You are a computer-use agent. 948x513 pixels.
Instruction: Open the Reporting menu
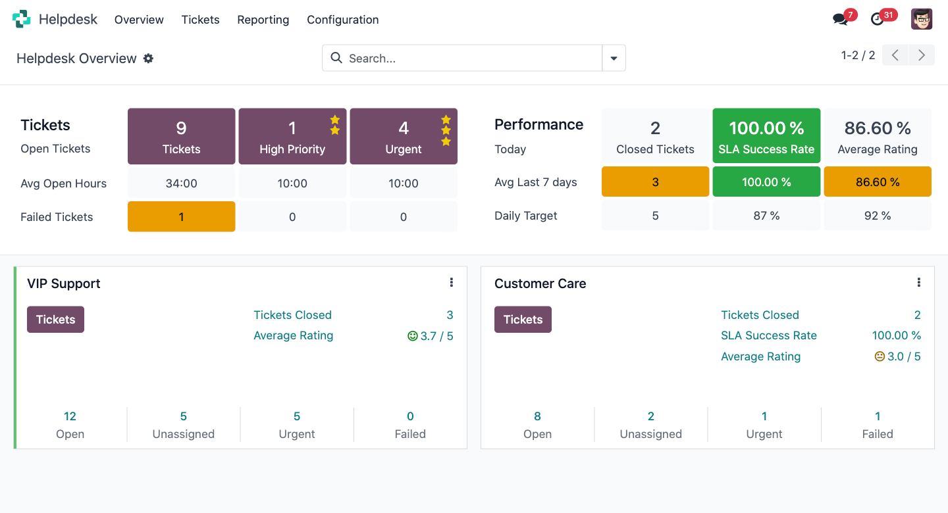click(263, 20)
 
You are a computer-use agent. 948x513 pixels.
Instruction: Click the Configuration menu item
click(342, 20)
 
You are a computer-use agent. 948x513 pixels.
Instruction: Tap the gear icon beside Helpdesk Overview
click(149, 59)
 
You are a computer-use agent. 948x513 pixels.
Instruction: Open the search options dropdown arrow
click(614, 58)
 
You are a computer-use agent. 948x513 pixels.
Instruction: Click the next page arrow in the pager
click(922, 55)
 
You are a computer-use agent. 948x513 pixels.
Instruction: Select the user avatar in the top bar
click(922, 19)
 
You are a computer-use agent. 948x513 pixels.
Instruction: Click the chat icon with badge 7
click(840, 19)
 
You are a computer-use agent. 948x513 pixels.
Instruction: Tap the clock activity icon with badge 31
click(878, 19)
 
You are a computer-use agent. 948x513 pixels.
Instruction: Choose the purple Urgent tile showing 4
click(404, 136)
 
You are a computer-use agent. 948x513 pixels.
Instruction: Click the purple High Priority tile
click(292, 136)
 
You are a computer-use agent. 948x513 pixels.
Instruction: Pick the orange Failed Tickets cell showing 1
click(181, 216)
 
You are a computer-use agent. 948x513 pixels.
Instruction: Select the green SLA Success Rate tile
click(766, 136)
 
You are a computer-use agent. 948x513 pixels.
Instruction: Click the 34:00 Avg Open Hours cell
click(181, 183)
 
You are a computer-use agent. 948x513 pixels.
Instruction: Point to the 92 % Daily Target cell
click(878, 216)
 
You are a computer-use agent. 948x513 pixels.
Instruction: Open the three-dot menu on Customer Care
click(918, 283)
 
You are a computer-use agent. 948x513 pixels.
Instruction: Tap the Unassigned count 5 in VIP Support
click(184, 416)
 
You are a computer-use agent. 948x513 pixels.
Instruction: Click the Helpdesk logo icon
click(22, 19)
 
